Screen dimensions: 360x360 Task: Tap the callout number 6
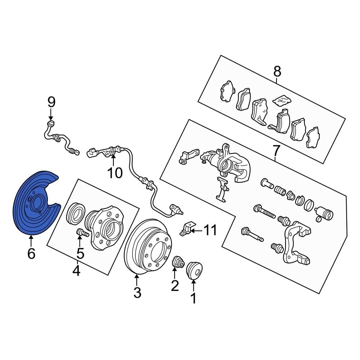pyautogui.click(x=31, y=253)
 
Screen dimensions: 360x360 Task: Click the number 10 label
pyautogui.click(x=115, y=173)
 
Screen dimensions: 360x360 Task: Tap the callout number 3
pyautogui.click(x=137, y=293)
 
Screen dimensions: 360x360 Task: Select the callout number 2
pyautogui.click(x=175, y=285)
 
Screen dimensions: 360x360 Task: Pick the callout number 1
pyautogui.click(x=194, y=298)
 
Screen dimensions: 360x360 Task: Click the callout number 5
pyautogui.click(x=80, y=253)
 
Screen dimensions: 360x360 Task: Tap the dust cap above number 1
pyautogui.click(x=194, y=270)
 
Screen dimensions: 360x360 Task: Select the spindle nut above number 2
pyautogui.click(x=178, y=262)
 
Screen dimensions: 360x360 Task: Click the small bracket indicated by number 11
pyautogui.click(x=186, y=229)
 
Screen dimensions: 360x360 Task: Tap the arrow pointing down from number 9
pyautogui.click(x=51, y=114)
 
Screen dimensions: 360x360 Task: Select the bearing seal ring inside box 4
pyautogui.click(x=76, y=213)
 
